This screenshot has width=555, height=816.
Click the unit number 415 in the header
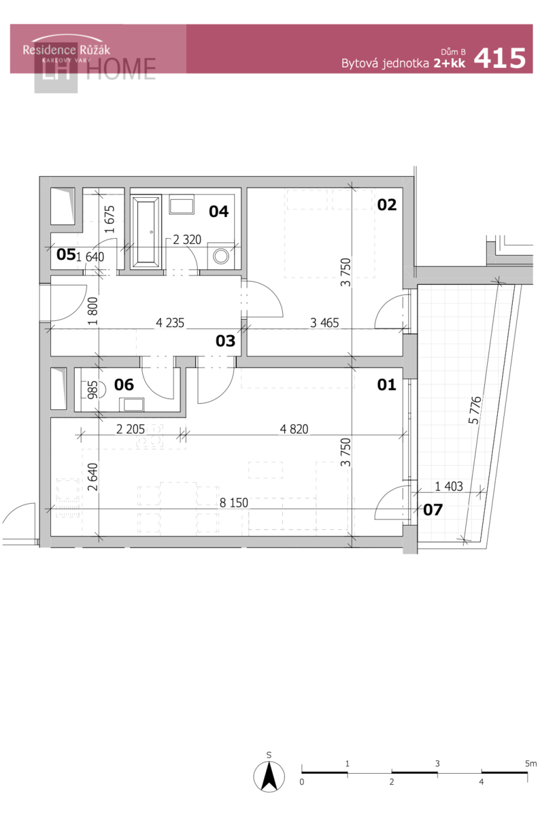(500, 58)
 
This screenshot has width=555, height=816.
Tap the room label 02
(386, 205)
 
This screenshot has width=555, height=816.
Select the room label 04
(218, 211)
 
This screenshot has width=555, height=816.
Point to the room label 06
(124, 385)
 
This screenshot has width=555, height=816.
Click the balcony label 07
(433, 509)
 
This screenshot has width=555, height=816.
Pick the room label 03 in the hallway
(225, 341)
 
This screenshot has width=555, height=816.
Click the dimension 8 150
(233, 503)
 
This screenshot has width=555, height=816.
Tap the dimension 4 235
(170, 323)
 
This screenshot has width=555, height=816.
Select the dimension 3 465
(324, 323)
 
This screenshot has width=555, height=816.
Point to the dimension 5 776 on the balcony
(475, 410)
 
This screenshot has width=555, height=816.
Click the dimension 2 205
(131, 429)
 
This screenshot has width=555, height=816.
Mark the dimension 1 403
(449, 486)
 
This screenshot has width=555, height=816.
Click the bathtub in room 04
(146, 232)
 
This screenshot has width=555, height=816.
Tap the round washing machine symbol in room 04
(221, 256)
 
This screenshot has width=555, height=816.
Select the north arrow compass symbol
(269, 777)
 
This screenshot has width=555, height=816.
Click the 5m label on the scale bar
(531, 763)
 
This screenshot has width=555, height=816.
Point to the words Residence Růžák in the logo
(67, 50)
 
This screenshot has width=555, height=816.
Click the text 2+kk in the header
(450, 63)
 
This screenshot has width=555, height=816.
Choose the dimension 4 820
(294, 429)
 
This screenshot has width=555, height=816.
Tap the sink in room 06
(132, 405)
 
